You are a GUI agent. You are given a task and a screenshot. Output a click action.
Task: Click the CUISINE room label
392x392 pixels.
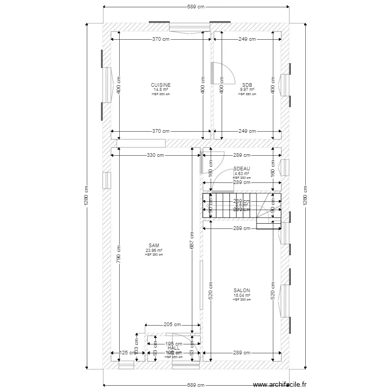[160, 85]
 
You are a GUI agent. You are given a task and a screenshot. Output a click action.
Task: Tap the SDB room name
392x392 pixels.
[247, 85]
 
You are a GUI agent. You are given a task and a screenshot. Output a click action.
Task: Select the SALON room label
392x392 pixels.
[241, 291]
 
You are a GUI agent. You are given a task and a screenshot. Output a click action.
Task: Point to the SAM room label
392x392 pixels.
[154, 245]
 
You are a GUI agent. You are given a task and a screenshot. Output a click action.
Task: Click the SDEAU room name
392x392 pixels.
[241, 168]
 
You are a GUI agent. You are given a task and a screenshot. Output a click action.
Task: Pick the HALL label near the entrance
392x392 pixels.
[174, 348]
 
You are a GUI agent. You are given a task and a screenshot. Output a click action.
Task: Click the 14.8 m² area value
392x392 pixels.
[160, 89]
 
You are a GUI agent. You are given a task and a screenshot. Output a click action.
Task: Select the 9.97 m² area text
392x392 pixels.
[247, 89]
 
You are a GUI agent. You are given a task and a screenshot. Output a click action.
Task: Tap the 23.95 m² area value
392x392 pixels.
[154, 250]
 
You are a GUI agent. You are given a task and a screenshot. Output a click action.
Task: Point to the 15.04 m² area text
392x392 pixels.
[241, 295]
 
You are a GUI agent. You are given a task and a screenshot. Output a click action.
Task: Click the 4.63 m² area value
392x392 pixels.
[241, 173]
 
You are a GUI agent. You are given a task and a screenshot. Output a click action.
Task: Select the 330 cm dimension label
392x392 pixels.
[156, 155]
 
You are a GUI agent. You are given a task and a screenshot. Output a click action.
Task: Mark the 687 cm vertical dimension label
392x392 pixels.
[192, 240]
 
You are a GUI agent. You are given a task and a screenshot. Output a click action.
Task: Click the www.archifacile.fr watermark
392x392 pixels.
[280, 385]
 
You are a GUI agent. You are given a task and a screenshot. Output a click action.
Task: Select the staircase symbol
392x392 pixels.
[241, 206]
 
